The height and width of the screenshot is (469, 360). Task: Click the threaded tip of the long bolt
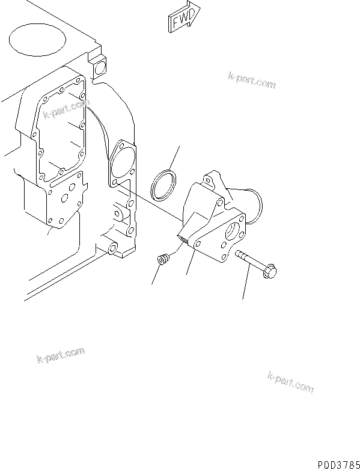pos(240,254)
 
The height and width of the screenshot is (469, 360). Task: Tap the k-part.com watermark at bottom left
pos(59,356)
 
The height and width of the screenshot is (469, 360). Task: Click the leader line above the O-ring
pos(172,158)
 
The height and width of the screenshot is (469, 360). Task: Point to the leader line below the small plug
pos(156,275)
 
